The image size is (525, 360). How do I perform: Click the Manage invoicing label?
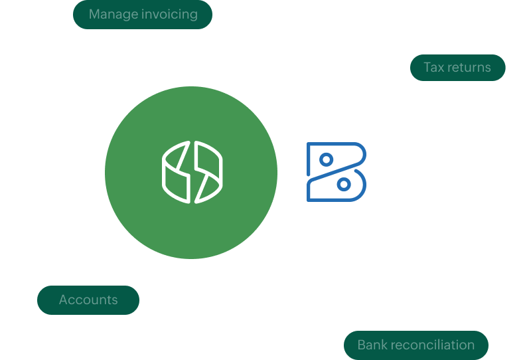point(143,14)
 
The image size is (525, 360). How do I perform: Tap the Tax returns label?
point(457,67)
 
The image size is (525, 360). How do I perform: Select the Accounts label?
point(88,300)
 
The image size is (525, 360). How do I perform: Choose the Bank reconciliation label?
point(415,345)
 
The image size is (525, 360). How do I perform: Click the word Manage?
point(113,14)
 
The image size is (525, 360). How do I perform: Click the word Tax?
point(435,67)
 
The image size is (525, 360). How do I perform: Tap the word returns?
point(469,67)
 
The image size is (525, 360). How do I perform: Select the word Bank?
point(372,345)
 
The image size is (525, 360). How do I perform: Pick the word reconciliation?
point(432,345)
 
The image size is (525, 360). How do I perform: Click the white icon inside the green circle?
point(192,171)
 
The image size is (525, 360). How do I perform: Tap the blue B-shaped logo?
point(337,171)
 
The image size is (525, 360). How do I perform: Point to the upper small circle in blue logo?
point(326,159)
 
